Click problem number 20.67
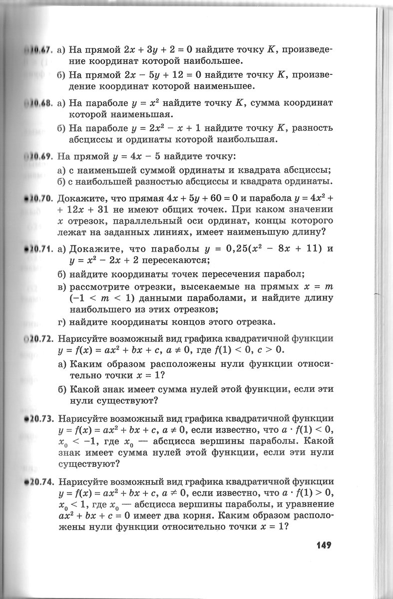[x=38, y=50]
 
